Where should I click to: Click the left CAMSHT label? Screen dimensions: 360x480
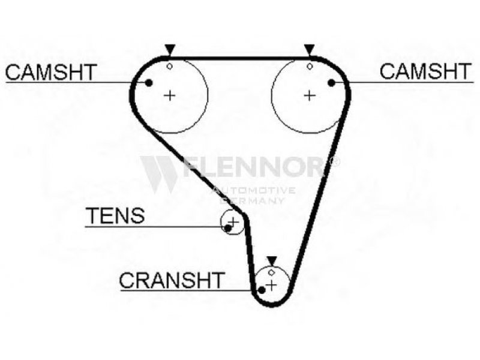(x=50, y=72)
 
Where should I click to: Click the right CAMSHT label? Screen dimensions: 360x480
(x=426, y=71)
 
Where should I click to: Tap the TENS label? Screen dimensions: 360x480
(x=115, y=216)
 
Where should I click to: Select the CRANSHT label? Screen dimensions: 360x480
(x=172, y=280)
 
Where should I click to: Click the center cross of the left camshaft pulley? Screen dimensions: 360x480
(x=170, y=95)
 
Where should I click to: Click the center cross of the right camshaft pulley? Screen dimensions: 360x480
(x=309, y=95)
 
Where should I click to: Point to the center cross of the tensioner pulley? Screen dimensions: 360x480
(x=233, y=223)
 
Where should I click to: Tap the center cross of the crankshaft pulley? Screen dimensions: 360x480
(x=272, y=284)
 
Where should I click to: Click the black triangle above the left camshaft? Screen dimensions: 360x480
(x=170, y=49)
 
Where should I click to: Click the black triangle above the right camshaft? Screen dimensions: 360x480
(x=309, y=49)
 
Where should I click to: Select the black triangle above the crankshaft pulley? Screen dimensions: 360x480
(x=272, y=260)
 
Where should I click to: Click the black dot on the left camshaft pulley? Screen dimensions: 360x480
(x=149, y=83)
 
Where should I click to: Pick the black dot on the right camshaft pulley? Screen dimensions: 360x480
(x=331, y=83)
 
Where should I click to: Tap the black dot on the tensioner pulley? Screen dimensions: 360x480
(x=227, y=228)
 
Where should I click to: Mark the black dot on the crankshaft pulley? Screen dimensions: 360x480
(x=262, y=290)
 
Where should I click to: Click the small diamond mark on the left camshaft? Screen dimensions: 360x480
(x=170, y=65)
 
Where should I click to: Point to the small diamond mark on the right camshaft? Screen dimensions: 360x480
(x=309, y=65)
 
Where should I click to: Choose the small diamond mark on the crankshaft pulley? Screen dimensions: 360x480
(x=272, y=273)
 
